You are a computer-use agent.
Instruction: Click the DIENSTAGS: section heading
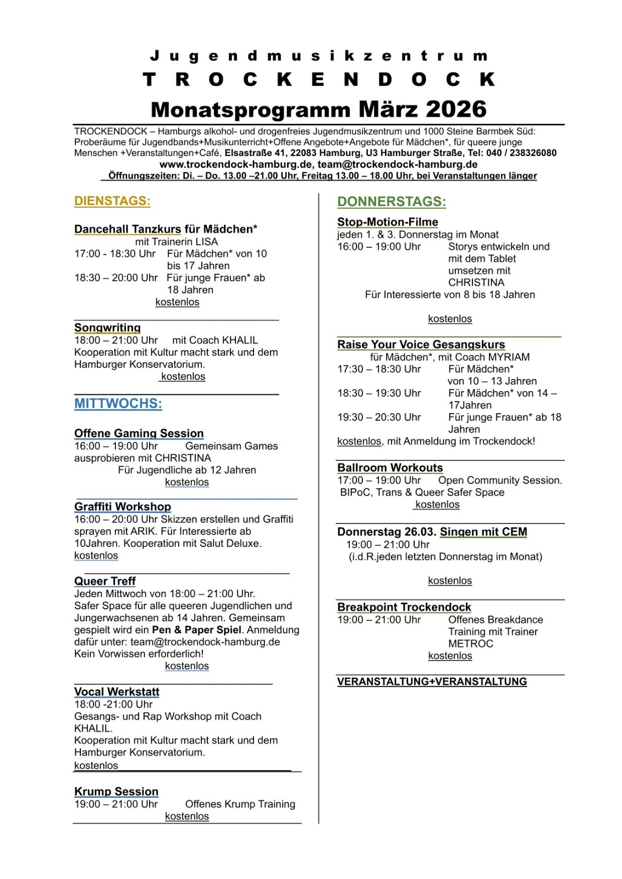pos(112,201)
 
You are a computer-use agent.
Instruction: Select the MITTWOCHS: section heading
pos(118,404)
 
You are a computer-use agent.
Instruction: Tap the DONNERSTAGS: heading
pos(392,202)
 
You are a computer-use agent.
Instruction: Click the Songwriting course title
pos(107,328)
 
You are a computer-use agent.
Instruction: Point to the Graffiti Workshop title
pos(123,507)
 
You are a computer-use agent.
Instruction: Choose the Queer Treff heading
pos(105,581)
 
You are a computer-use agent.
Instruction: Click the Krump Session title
pos(116,792)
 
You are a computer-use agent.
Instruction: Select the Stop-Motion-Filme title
pos(388,222)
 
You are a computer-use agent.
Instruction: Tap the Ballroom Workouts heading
pos(390,468)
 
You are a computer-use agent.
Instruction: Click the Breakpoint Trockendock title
pos(404,607)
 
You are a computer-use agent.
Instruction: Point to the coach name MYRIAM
pos(508,357)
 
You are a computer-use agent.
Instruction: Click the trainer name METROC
pos(470,644)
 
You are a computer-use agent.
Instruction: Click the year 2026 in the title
pos(456,109)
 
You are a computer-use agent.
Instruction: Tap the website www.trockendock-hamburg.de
pos(236,164)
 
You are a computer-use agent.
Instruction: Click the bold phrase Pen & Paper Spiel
pos(196,630)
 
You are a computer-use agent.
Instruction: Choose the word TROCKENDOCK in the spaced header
pos(319,80)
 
